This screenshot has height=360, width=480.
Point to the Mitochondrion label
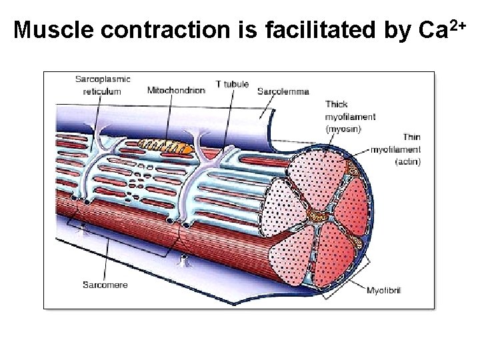tap(176, 91)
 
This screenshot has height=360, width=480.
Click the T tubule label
tap(233, 85)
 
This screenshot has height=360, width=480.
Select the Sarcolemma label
tap(283, 91)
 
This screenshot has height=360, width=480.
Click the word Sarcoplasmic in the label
tap(103, 79)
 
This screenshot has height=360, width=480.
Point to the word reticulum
tap(102, 91)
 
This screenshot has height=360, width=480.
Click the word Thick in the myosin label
tap(337, 104)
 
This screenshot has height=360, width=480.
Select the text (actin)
tap(407, 161)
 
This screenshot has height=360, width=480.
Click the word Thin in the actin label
tap(411, 137)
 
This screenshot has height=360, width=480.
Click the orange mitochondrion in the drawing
tap(165, 146)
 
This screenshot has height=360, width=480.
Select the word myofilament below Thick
tap(351, 116)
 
